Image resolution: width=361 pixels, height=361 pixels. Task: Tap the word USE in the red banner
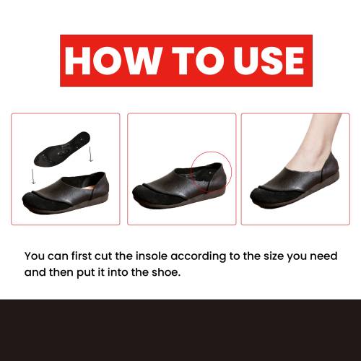point(269,61)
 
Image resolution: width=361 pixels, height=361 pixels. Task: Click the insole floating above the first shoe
point(62,149)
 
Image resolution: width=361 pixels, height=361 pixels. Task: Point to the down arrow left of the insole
point(33,176)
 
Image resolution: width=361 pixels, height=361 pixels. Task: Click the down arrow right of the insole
point(90,154)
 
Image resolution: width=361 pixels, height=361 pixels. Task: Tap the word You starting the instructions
point(35,256)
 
